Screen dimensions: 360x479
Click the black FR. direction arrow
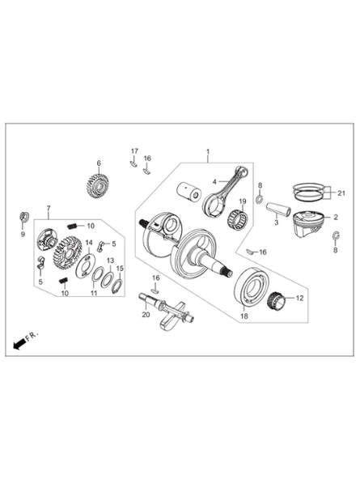(x=19, y=345)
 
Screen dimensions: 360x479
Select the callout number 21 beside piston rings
(x=341, y=193)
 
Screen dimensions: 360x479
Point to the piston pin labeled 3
(x=277, y=210)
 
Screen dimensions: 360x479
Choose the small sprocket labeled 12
(x=277, y=300)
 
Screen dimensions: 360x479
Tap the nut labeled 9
(x=23, y=217)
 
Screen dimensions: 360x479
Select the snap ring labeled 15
(x=117, y=286)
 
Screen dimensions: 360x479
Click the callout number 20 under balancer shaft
(x=146, y=314)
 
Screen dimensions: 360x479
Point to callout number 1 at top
(x=208, y=151)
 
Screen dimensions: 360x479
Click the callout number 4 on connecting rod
(x=214, y=182)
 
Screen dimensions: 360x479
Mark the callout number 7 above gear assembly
(x=49, y=208)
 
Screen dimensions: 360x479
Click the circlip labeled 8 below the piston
(x=336, y=237)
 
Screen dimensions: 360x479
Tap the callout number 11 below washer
(x=94, y=293)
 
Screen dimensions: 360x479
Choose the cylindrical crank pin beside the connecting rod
(x=188, y=192)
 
